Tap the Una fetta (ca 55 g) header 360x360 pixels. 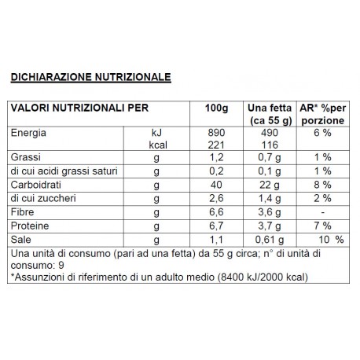click(268, 114)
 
